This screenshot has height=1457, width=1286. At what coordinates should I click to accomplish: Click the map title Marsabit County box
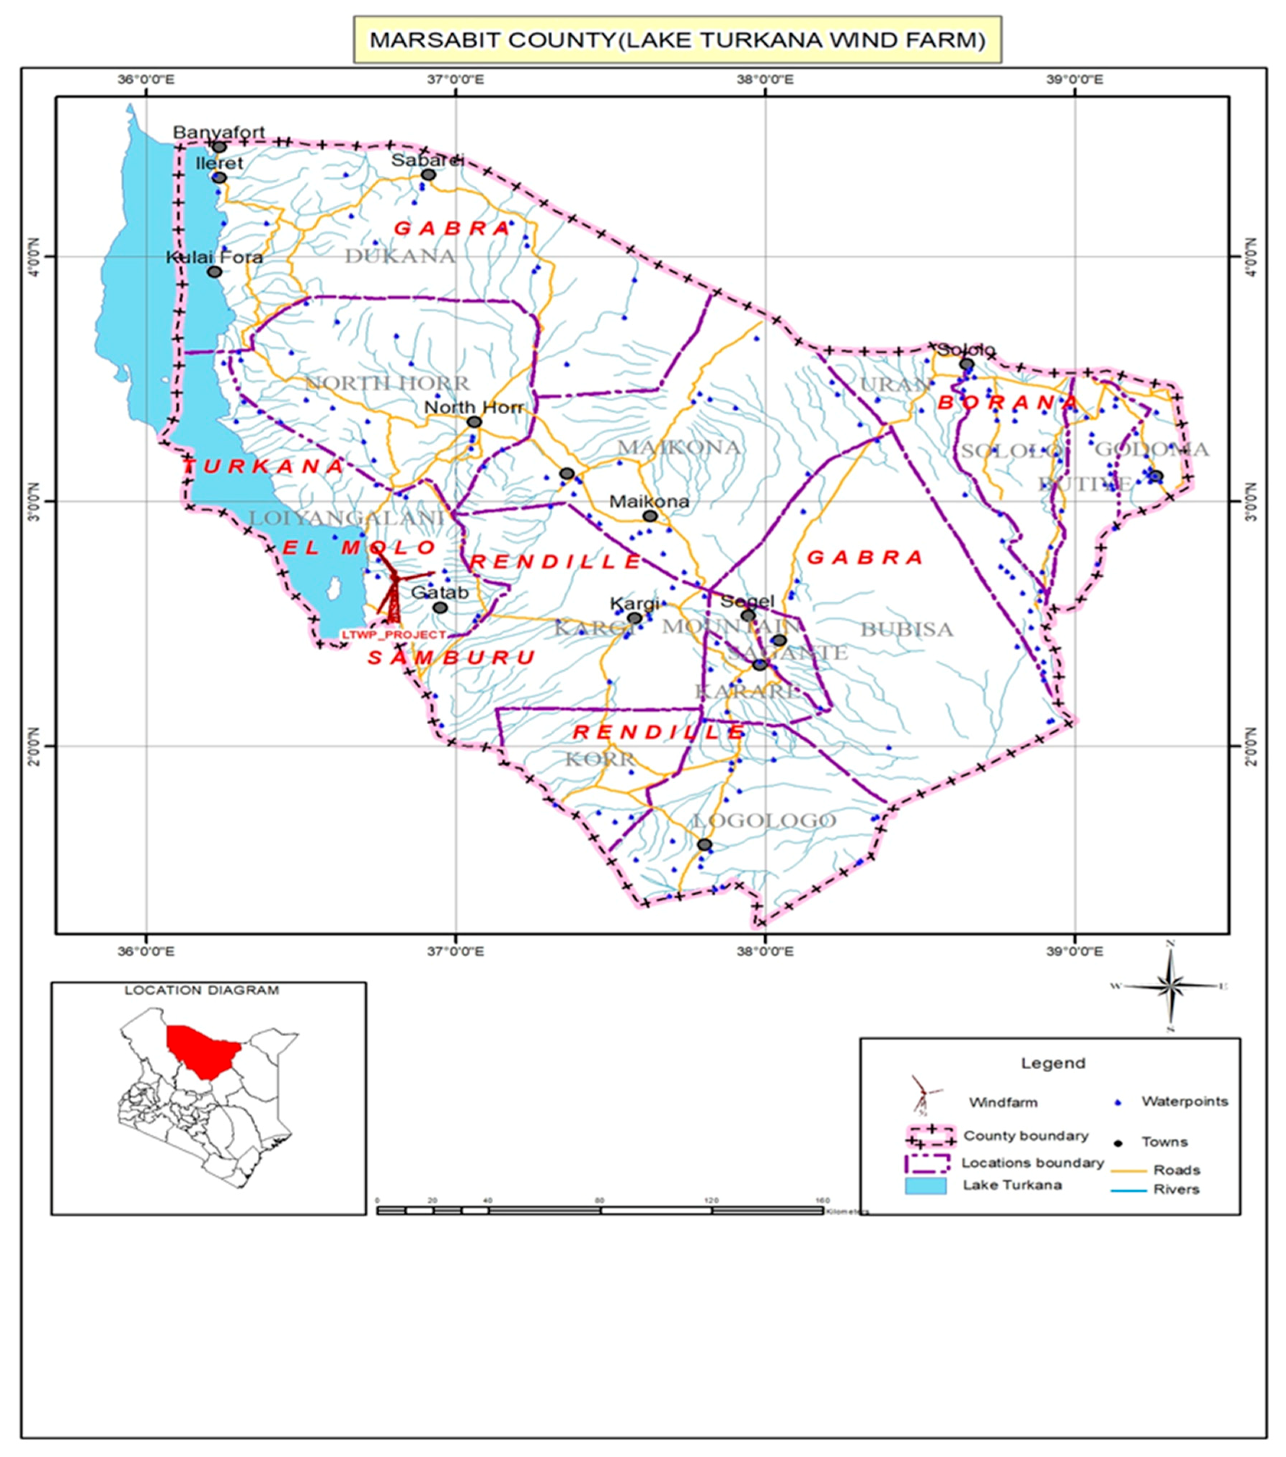(677, 40)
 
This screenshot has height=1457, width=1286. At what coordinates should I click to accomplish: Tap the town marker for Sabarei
(428, 174)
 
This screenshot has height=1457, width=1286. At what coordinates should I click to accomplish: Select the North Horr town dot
(474, 422)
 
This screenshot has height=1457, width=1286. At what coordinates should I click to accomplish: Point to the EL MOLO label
(359, 547)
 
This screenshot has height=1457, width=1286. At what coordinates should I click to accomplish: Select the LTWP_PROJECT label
(394, 634)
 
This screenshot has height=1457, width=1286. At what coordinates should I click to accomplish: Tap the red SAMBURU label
(451, 657)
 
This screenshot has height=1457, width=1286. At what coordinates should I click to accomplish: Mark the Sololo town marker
(966, 364)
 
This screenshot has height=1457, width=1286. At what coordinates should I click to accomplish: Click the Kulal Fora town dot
(214, 272)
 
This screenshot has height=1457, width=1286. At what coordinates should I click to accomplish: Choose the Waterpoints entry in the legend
(1183, 1101)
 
